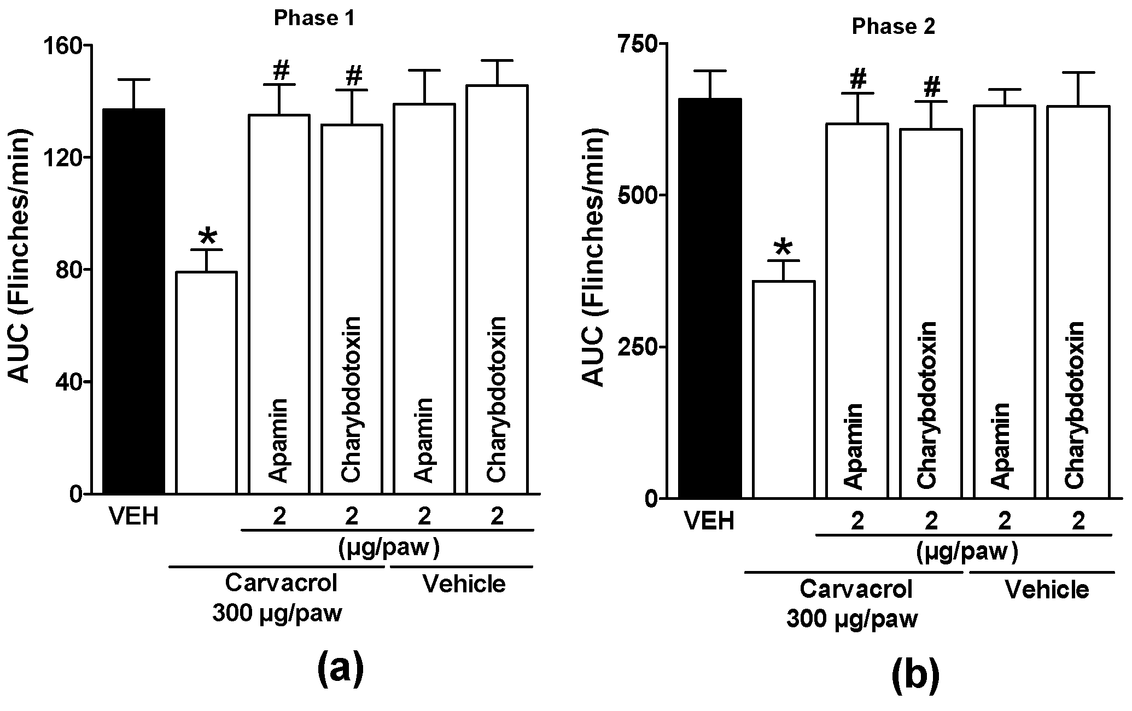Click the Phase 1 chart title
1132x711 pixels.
[314, 19]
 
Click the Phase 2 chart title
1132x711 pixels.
[893, 27]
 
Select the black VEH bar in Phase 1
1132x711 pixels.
[134, 301]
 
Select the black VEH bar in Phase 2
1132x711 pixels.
[710, 298]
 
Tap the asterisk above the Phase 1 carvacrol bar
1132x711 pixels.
[207, 237]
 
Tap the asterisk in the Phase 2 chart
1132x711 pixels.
[783, 247]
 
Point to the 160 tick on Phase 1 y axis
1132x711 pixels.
[66, 45]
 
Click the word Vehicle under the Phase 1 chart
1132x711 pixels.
[464, 584]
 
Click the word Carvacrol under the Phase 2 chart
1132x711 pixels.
[856, 590]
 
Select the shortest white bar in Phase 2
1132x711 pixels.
[784, 388]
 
